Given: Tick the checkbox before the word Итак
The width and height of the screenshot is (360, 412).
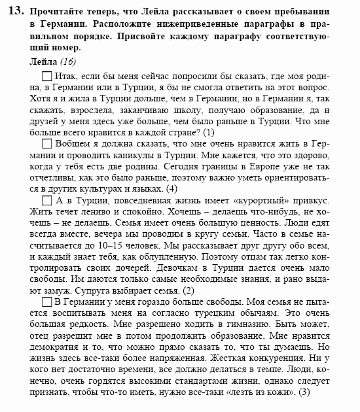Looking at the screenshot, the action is pyautogui.click(x=47, y=77).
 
